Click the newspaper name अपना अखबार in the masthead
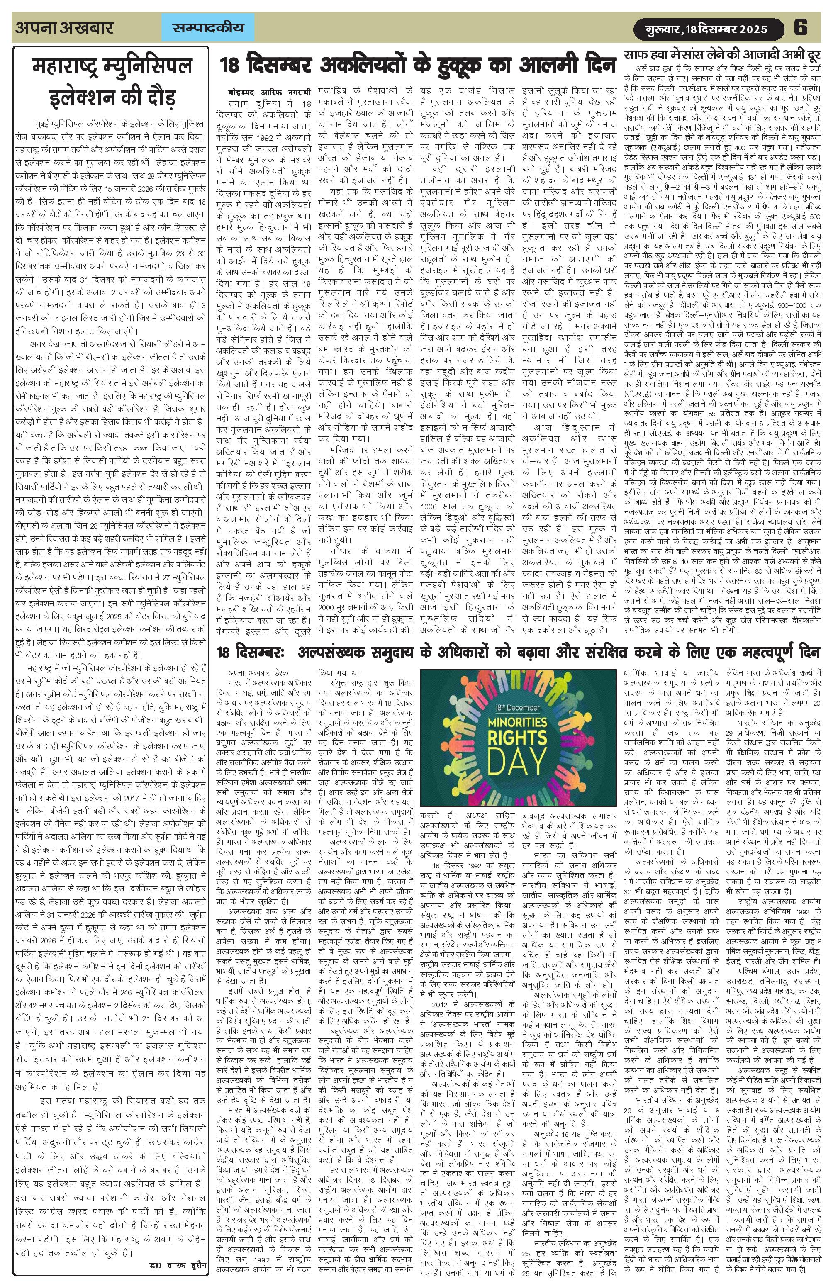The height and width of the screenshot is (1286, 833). (x=65, y=27)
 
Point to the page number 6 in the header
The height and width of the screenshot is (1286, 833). (x=800, y=27)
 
